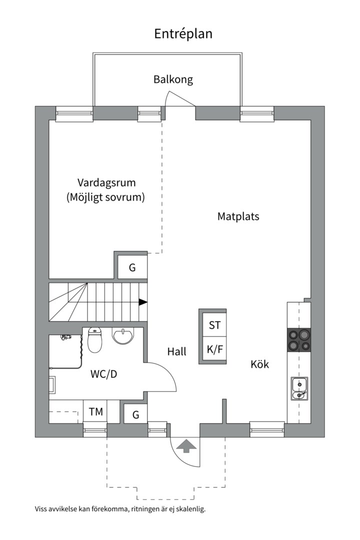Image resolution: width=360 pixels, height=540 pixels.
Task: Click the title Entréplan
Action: click(x=183, y=33)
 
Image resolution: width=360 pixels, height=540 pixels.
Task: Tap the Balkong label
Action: click(x=173, y=79)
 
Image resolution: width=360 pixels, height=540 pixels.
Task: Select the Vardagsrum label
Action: click(x=106, y=182)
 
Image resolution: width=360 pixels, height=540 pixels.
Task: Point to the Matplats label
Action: click(x=238, y=216)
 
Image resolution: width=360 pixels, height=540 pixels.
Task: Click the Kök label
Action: click(x=259, y=364)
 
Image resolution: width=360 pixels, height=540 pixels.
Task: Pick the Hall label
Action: click(x=177, y=352)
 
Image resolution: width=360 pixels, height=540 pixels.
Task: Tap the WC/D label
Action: click(x=104, y=374)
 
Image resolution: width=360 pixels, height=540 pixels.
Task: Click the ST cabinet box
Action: click(x=214, y=325)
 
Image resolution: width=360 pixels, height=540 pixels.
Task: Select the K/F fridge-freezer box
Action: click(x=214, y=349)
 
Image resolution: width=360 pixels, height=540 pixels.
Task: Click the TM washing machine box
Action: click(x=96, y=412)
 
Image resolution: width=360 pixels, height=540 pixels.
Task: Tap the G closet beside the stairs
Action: click(x=132, y=267)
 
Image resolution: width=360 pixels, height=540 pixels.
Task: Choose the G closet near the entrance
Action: click(x=135, y=414)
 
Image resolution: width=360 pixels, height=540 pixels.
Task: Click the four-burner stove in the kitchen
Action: click(x=298, y=340)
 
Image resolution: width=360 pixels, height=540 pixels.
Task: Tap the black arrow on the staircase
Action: click(x=143, y=302)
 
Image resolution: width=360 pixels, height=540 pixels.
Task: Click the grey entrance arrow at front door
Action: click(x=186, y=445)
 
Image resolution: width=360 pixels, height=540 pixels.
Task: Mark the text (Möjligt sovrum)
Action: click(x=105, y=197)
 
